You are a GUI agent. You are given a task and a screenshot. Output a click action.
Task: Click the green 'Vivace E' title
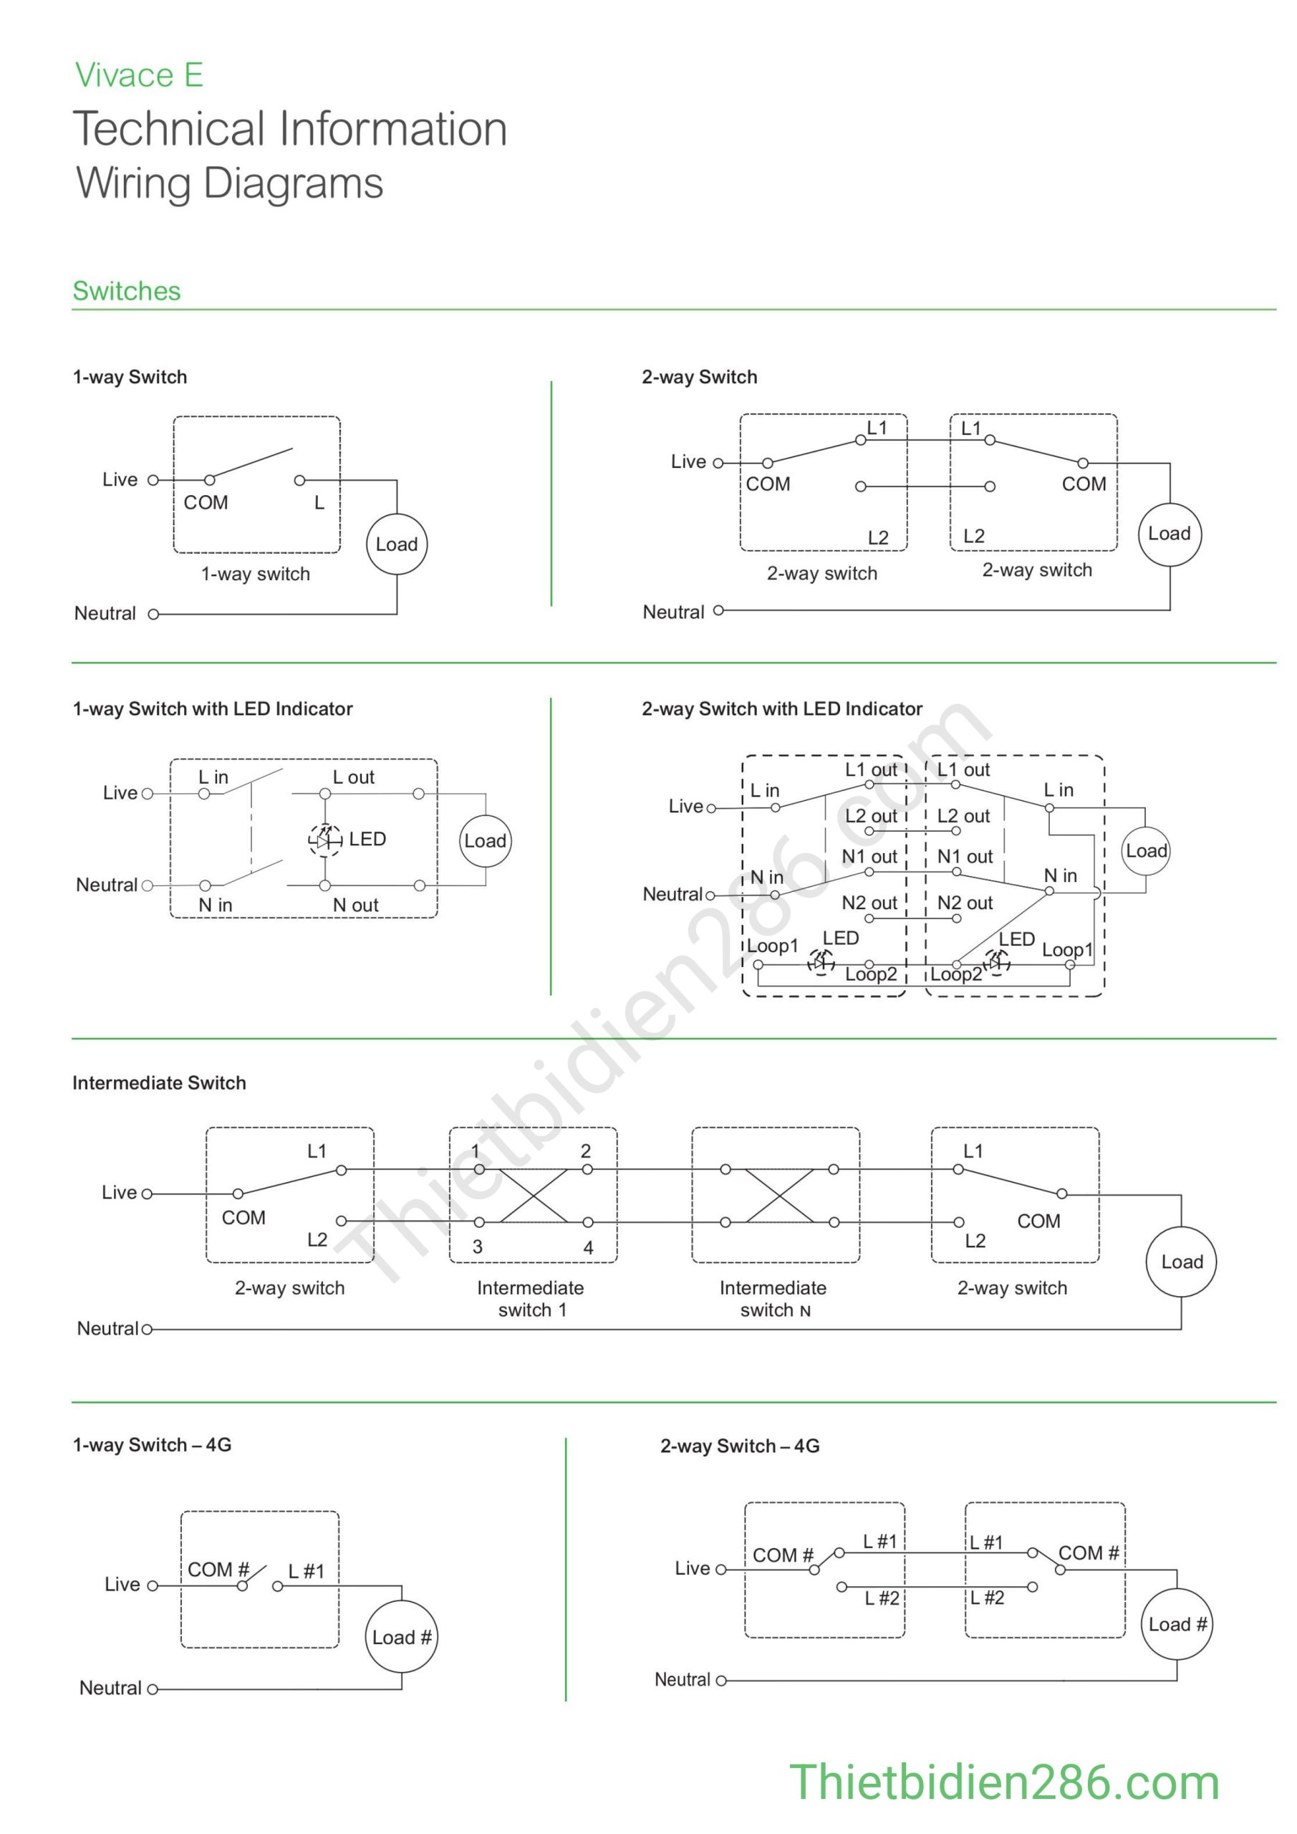coord(139,75)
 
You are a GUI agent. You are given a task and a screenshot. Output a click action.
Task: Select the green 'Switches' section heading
coord(126,291)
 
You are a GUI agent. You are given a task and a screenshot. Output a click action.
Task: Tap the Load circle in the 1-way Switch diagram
coord(397,544)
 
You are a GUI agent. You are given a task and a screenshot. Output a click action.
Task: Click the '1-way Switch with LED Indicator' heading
coord(213,709)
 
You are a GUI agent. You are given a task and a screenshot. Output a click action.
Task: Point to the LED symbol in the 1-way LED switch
coord(324,840)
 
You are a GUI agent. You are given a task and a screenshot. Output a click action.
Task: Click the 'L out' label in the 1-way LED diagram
coord(353,777)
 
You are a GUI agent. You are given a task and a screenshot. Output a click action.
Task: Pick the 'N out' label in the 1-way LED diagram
coord(355,905)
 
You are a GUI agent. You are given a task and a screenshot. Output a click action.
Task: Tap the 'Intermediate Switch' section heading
coord(159,1082)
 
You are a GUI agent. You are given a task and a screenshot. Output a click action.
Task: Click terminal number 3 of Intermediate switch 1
coord(478,1247)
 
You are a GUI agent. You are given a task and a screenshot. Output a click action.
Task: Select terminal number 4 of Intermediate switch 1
coord(589,1248)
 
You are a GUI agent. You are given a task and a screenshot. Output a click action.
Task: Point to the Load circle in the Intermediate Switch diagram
coord(1181,1262)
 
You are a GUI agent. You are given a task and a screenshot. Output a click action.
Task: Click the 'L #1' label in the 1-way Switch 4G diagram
coord(307,1572)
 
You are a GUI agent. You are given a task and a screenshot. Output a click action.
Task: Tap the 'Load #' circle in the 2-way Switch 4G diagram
coord(1177,1624)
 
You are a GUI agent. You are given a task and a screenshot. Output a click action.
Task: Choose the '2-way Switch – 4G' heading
coord(740,1446)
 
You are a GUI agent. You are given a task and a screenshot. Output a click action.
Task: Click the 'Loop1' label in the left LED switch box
coord(772,946)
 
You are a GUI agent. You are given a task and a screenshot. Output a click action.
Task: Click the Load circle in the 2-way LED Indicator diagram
coord(1146,850)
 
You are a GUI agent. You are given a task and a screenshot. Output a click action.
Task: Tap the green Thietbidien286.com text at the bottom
coord(1004,1783)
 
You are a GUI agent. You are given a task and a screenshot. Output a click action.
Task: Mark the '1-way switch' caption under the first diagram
coord(256,574)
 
